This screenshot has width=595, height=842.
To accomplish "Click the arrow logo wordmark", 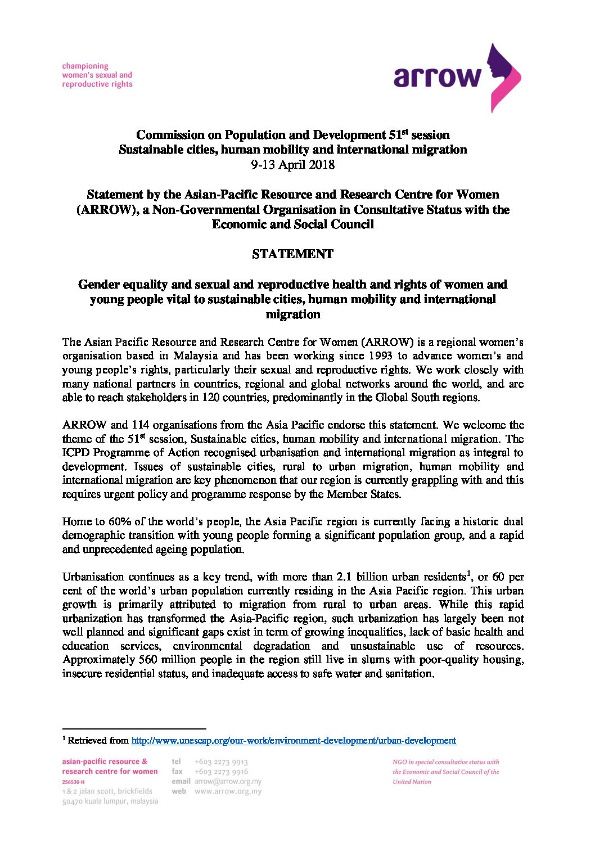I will [438, 76].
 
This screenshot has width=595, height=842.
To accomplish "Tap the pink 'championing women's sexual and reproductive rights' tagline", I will [97, 75].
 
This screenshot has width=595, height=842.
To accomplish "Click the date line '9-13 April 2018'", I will [292, 165].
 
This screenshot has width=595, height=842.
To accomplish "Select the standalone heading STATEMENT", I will [292, 254].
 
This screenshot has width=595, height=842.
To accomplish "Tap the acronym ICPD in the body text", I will [76, 453].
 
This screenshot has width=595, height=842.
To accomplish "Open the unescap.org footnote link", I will [294, 741].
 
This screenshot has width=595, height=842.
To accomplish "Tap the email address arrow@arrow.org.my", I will [228, 781].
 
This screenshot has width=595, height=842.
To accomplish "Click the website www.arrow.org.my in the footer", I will [228, 791].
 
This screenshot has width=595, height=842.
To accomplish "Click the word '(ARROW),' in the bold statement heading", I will [107, 210].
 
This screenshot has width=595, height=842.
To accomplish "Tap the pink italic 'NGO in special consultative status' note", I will [445, 772].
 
